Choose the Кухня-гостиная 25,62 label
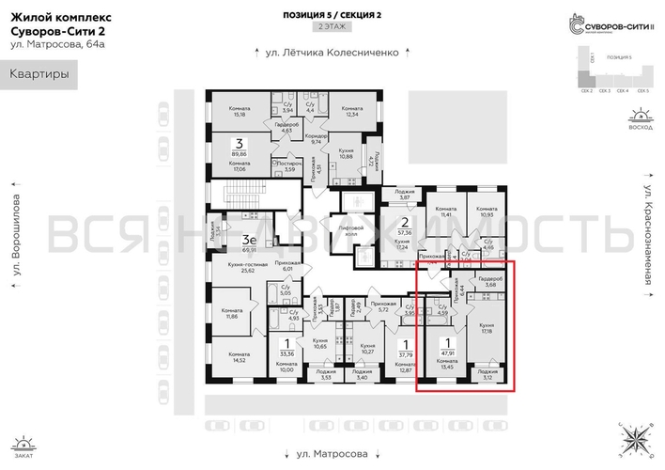(248, 269)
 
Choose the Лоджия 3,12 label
(487, 374)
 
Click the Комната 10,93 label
(486, 212)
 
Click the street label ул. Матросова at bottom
(331, 454)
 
